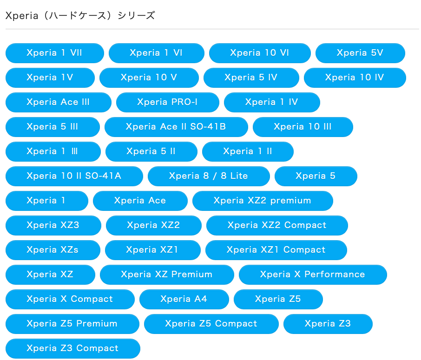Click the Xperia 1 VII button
click(55, 53)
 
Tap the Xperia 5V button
click(360, 53)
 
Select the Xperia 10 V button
click(149, 78)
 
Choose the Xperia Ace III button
click(58, 102)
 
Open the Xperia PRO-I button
click(168, 102)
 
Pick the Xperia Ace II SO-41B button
click(176, 127)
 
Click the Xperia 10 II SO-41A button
click(74, 176)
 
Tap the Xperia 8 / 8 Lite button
click(209, 176)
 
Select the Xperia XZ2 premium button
click(263, 201)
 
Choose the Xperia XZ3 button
click(53, 225)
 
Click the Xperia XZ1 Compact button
click(276, 250)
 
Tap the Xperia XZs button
click(53, 250)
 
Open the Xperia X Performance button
click(313, 275)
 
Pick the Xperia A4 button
click(184, 299)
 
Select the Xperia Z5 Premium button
click(72, 324)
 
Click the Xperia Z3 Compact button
click(73, 348)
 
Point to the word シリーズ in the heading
click(137, 16)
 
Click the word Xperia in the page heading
click(22, 16)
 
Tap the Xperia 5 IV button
click(251, 78)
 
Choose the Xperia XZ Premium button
click(167, 275)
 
